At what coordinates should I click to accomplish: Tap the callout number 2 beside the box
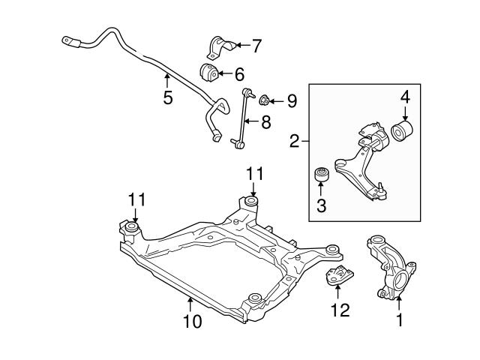295,140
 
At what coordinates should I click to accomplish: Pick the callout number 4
405,97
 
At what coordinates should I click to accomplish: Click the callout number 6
239,73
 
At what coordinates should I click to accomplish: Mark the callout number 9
292,99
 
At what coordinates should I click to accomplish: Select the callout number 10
192,322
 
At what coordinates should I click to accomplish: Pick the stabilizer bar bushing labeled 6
208,73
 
